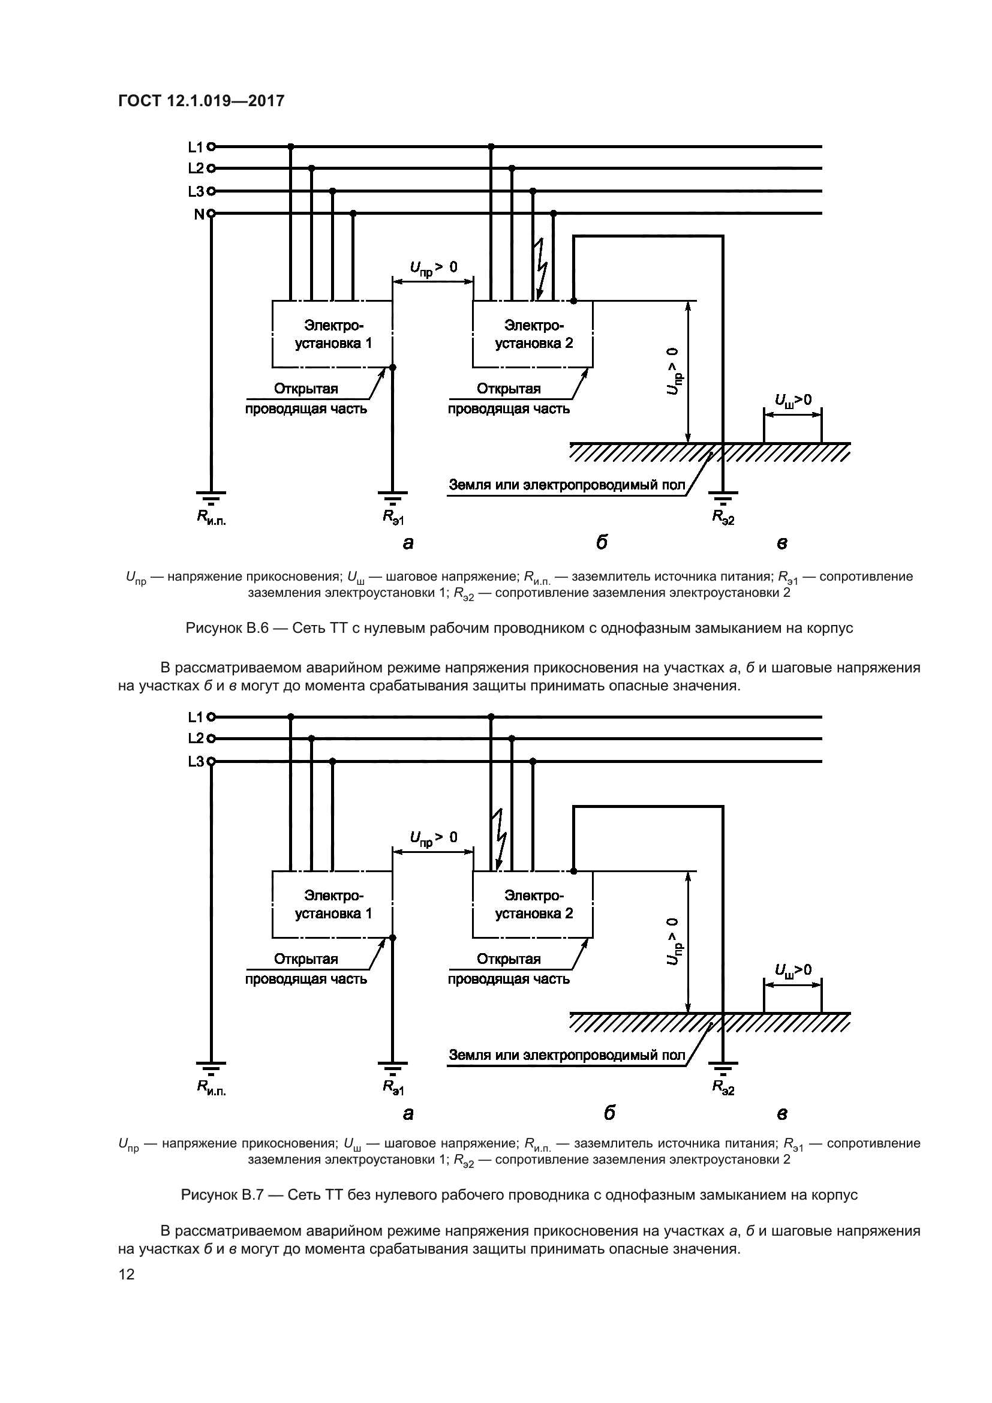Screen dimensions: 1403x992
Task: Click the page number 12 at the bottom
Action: point(127,1274)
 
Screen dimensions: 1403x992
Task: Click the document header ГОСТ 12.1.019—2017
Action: point(201,101)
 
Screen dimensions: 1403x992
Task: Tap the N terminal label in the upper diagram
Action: point(199,215)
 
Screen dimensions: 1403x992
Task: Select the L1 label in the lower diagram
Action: point(196,717)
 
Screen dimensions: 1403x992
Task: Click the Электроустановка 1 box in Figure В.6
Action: point(332,334)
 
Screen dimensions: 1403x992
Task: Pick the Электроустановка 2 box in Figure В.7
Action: point(533,905)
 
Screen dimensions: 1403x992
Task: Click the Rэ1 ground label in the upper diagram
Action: point(393,517)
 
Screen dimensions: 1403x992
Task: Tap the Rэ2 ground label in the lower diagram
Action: point(723,1087)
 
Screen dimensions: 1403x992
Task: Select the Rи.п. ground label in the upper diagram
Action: point(211,517)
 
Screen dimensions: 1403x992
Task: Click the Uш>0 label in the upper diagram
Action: point(793,400)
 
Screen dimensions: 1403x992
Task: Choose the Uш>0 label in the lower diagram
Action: point(793,971)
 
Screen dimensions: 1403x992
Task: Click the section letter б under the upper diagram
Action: point(602,542)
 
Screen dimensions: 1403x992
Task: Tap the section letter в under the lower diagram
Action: point(782,1113)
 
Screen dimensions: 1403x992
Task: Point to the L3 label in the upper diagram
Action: point(196,192)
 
